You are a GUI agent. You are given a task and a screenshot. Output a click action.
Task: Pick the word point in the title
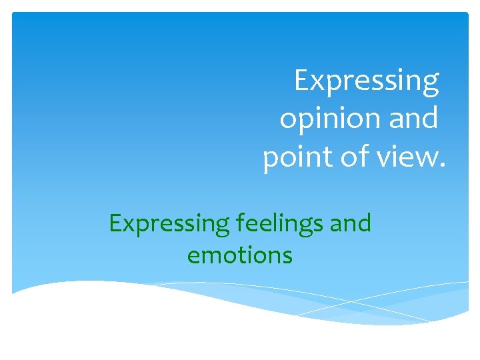pos(291,159)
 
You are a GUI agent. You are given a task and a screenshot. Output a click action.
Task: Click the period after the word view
pos(440,167)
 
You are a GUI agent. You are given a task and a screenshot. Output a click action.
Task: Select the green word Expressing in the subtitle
pos(169,224)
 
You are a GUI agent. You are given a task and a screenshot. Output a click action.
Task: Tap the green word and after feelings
pos(349,223)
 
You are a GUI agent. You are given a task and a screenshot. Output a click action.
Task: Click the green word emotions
pos(240,255)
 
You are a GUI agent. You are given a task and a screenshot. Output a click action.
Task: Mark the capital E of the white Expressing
pos(302,81)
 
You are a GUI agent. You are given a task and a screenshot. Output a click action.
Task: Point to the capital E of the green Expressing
pos(114,223)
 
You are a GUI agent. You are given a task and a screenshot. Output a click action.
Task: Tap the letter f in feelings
pos(239,223)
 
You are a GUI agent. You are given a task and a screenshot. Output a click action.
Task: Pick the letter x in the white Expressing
pos(317,83)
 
